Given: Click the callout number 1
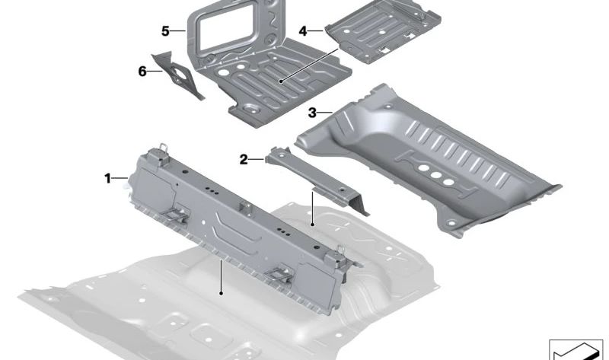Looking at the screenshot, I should tap(108, 178).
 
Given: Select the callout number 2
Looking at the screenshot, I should tap(244, 159).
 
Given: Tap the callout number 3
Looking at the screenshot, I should tap(312, 113).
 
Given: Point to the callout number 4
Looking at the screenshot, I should tap(302, 31).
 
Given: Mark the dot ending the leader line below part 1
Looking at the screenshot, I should tap(221, 292).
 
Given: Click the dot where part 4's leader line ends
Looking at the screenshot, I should tap(281, 80).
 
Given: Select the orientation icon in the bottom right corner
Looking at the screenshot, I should tap(576, 349).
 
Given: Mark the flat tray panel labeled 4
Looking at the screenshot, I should tap(379, 34).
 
